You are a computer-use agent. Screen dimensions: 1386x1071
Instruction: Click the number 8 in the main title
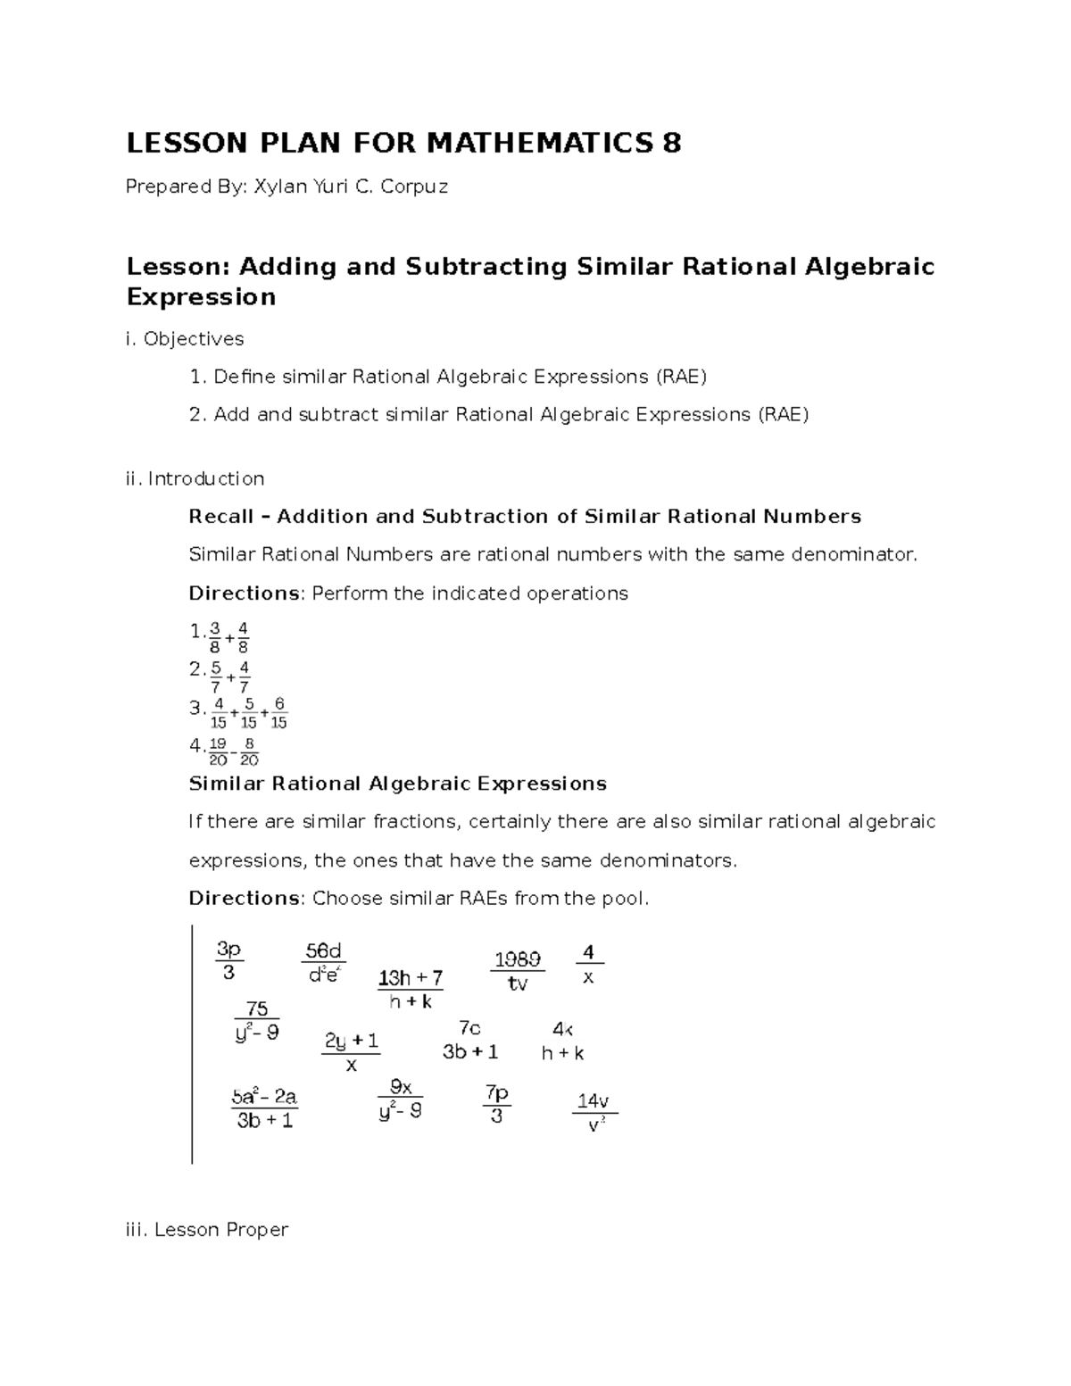pyautogui.click(x=670, y=143)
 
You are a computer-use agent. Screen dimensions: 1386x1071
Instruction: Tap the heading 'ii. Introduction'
pyautogui.click(x=195, y=478)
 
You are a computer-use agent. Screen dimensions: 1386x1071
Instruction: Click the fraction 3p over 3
pyautogui.click(x=229, y=960)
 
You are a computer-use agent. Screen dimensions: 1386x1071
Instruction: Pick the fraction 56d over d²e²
pyautogui.click(x=323, y=962)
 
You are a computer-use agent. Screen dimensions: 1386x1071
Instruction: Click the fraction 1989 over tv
pyautogui.click(x=518, y=971)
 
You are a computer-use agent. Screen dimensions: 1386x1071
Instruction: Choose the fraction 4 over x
pyautogui.click(x=588, y=964)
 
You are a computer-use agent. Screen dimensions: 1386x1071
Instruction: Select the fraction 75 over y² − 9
pyautogui.click(x=257, y=1021)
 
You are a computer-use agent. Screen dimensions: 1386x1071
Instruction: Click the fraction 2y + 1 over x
pyautogui.click(x=352, y=1052)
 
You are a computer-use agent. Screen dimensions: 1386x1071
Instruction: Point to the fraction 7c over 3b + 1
pyautogui.click(x=470, y=1041)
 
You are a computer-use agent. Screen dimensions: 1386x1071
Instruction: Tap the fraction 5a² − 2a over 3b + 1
pyautogui.click(x=265, y=1108)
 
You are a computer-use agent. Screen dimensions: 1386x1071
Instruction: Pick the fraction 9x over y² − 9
pyautogui.click(x=400, y=1099)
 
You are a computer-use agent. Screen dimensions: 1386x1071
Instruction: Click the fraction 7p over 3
pyautogui.click(x=496, y=1104)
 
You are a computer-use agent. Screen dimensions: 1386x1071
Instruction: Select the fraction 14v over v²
pyautogui.click(x=594, y=1112)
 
